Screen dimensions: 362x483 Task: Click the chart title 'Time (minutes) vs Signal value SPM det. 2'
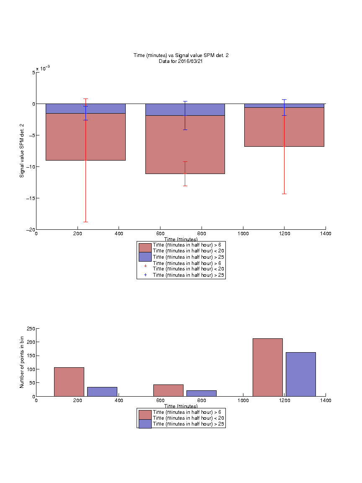pos(181,55)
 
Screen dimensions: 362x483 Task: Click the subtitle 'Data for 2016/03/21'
pos(181,61)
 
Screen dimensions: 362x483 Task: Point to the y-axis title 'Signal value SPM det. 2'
pos(22,151)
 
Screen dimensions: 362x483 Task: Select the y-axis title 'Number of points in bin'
pos(22,362)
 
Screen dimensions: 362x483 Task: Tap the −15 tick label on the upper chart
pos(31,198)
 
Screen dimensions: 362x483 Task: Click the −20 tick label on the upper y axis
pos(31,229)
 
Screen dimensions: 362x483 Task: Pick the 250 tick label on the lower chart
pos(31,329)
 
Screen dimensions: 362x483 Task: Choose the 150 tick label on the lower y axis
pos(31,356)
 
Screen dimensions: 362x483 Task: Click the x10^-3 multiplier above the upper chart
pos(43,68)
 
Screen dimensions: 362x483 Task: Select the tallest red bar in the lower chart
pos(267,367)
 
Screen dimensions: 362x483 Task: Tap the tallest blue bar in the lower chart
pos(301,374)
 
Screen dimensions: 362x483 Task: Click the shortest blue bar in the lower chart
pos(201,393)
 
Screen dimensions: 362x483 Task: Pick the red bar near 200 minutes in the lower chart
pos(69,382)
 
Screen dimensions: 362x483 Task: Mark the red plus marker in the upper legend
pos(145,266)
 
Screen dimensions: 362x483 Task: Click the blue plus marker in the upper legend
pos(145,275)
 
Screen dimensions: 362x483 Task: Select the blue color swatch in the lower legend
pos(145,424)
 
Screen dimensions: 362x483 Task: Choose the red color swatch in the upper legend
pos(145,248)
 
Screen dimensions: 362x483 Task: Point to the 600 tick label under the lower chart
pos(160,400)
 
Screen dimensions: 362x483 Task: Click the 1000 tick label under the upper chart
pos(243,234)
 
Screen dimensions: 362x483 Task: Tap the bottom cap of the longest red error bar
pos(85,222)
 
